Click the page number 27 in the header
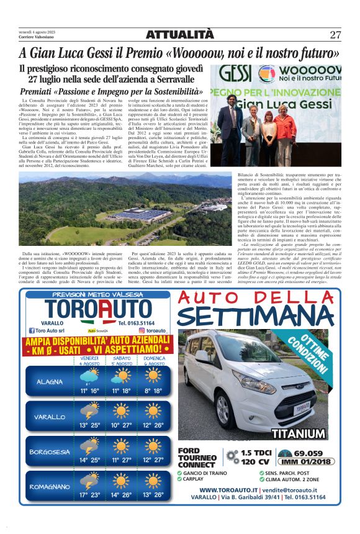point(335,34)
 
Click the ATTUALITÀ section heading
point(179,34)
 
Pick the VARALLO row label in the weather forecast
point(49,417)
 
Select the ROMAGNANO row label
point(49,487)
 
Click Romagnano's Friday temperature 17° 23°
point(90,495)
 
